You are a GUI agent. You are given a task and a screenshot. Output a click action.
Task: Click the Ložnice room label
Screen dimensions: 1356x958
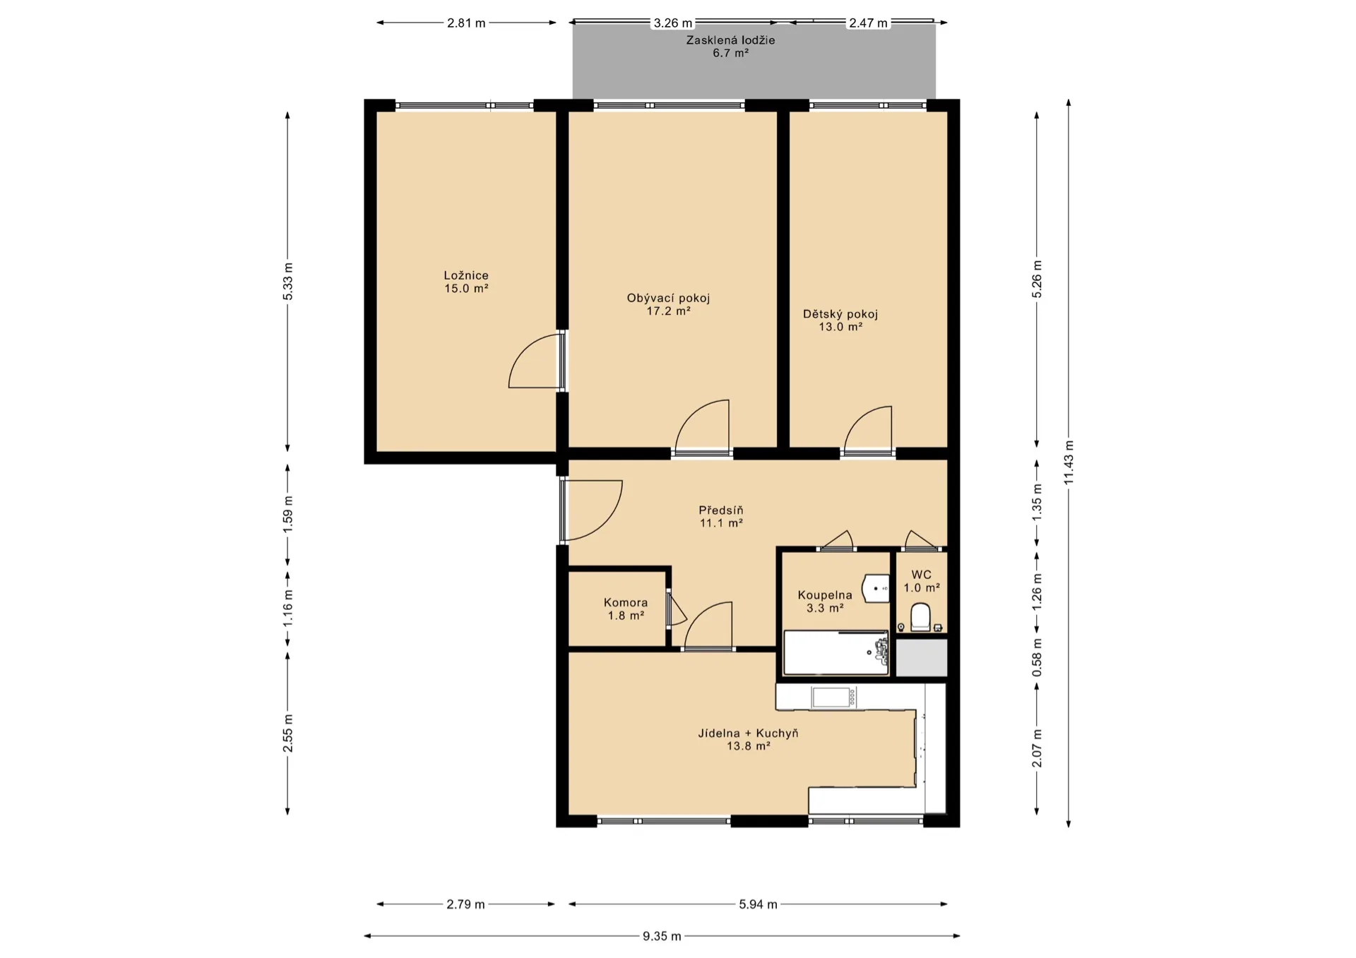tap(466, 275)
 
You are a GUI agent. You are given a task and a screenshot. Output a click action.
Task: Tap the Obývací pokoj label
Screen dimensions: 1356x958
tap(668, 298)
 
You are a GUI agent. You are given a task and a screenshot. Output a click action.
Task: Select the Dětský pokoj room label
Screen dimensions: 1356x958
tap(840, 314)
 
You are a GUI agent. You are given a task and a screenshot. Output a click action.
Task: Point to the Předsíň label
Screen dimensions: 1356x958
tap(721, 510)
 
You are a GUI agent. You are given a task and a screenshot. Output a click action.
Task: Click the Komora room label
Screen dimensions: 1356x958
tap(626, 602)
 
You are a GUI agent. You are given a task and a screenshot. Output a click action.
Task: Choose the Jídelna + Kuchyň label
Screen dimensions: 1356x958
tap(748, 733)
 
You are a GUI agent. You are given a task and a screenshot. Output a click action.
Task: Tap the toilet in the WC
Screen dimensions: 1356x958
tap(920, 616)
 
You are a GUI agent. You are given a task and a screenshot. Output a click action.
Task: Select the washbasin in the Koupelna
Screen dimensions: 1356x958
tap(876, 588)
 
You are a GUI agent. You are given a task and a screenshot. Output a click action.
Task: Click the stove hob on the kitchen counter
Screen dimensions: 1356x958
tap(834, 697)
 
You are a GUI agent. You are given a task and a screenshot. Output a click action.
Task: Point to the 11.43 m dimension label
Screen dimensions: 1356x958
tap(1069, 462)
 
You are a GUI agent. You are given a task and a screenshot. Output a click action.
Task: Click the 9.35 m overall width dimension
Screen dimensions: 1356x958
tap(662, 936)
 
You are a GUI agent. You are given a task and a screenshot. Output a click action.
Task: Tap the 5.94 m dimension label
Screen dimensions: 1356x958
tap(758, 904)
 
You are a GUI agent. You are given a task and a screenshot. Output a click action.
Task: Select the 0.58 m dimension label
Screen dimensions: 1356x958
tap(1037, 657)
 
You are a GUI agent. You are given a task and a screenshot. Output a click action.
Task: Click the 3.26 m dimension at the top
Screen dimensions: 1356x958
tap(672, 23)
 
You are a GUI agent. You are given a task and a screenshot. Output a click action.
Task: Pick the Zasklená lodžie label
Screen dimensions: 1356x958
tap(730, 40)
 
